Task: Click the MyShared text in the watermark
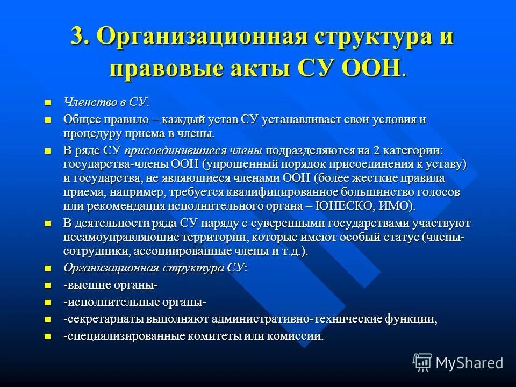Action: coord(469,363)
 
